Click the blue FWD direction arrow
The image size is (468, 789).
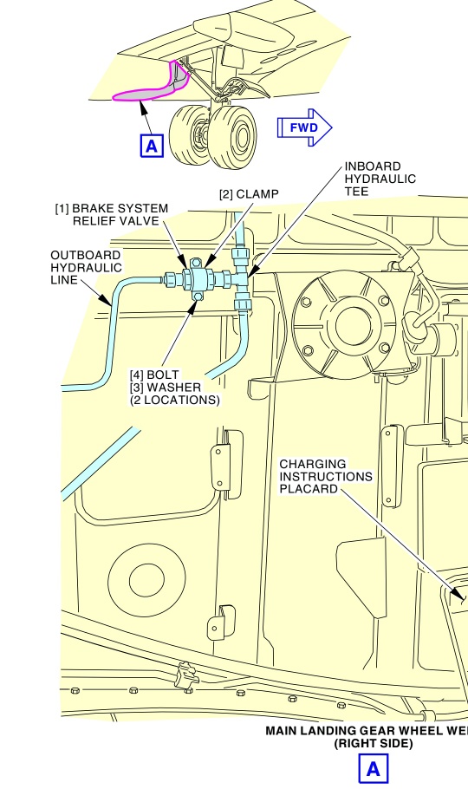click(x=304, y=127)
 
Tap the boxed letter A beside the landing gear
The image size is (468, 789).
click(x=152, y=146)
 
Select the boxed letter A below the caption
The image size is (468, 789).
click(x=373, y=769)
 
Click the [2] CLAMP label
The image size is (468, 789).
click(x=249, y=194)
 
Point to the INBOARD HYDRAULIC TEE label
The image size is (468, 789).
click(x=380, y=179)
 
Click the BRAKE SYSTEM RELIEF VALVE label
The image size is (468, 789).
click(x=112, y=214)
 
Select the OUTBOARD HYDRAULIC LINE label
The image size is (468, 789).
click(x=86, y=267)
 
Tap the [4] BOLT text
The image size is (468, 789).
click(x=154, y=375)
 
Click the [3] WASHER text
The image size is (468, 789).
click(x=166, y=388)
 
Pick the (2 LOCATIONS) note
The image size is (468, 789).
click(x=174, y=400)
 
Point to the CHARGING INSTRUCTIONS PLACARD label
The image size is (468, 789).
click(x=326, y=476)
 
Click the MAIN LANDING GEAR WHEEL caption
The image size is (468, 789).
click(x=367, y=731)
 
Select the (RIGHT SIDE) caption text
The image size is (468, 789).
click(x=373, y=744)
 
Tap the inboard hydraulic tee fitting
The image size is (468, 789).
click(x=242, y=278)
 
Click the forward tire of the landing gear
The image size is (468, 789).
click(x=233, y=136)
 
